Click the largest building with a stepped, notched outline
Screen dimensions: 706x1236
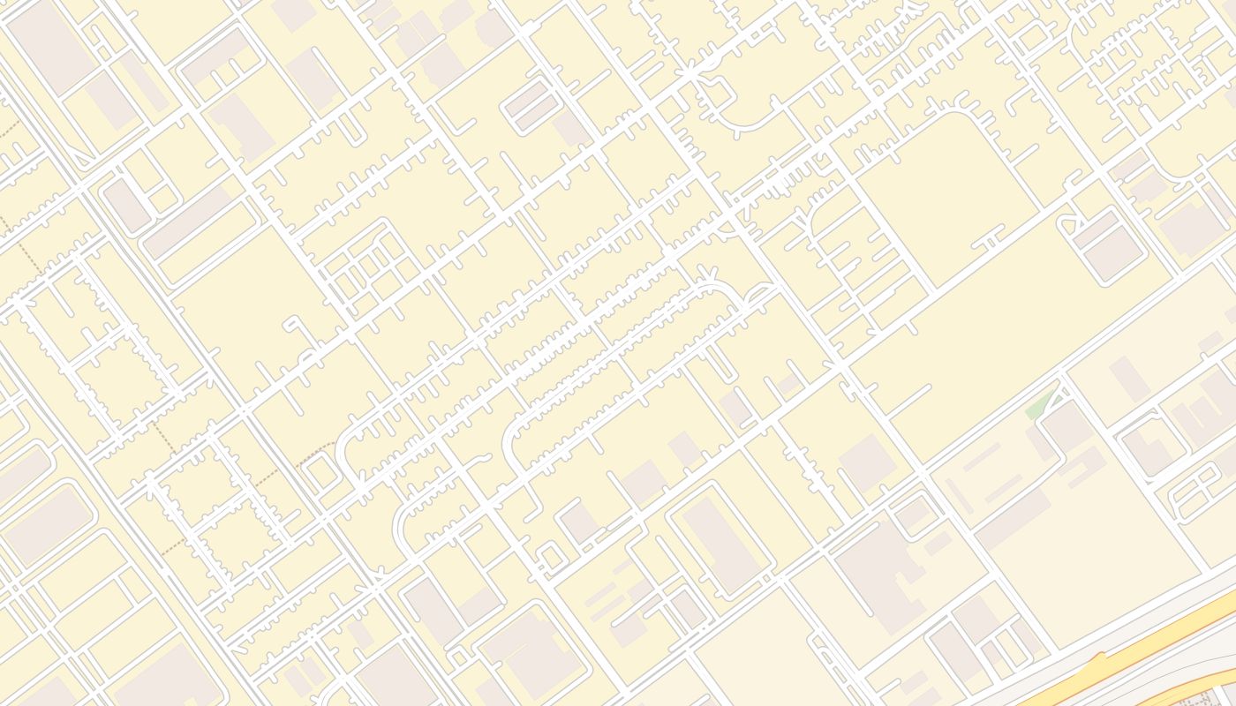[874, 565]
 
